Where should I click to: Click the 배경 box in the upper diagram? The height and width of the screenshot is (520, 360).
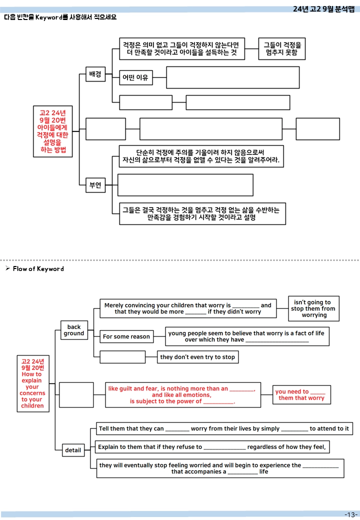(x=95, y=74)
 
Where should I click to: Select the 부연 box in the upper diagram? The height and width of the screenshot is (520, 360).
(x=95, y=185)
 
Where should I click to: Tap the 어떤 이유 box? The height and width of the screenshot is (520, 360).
(x=135, y=77)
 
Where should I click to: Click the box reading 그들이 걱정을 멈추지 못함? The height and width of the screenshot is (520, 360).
(x=282, y=49)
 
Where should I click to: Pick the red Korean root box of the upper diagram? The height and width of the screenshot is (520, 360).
(x=52, y=131)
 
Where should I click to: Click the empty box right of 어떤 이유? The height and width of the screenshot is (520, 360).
(x=232, y=77)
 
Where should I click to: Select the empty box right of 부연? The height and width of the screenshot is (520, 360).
(x=185, y=185)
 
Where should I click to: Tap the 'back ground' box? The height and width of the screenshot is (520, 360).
(x=74, y=330)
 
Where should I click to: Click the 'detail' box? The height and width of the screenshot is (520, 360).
(x=73, y=450)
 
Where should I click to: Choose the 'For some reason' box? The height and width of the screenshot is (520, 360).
(x=126, y=336)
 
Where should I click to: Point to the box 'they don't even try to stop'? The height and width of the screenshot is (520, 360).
(x=197, y=357)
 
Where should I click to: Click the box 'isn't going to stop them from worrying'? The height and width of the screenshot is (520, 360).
(x=313, y=308)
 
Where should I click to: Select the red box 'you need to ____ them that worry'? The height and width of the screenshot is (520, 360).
(x=301, y=394)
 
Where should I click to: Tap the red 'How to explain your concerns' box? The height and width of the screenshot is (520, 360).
(x=33, y=383)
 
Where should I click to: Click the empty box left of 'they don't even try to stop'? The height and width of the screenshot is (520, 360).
(x=122, y=357)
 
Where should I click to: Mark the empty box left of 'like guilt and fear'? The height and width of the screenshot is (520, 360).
(x=76, y=394)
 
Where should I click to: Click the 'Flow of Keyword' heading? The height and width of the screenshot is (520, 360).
(x=38, y=268)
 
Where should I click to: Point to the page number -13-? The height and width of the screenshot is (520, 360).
(x=351, y=514)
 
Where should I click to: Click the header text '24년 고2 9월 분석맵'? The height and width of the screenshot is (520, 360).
(x=323, y=9)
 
